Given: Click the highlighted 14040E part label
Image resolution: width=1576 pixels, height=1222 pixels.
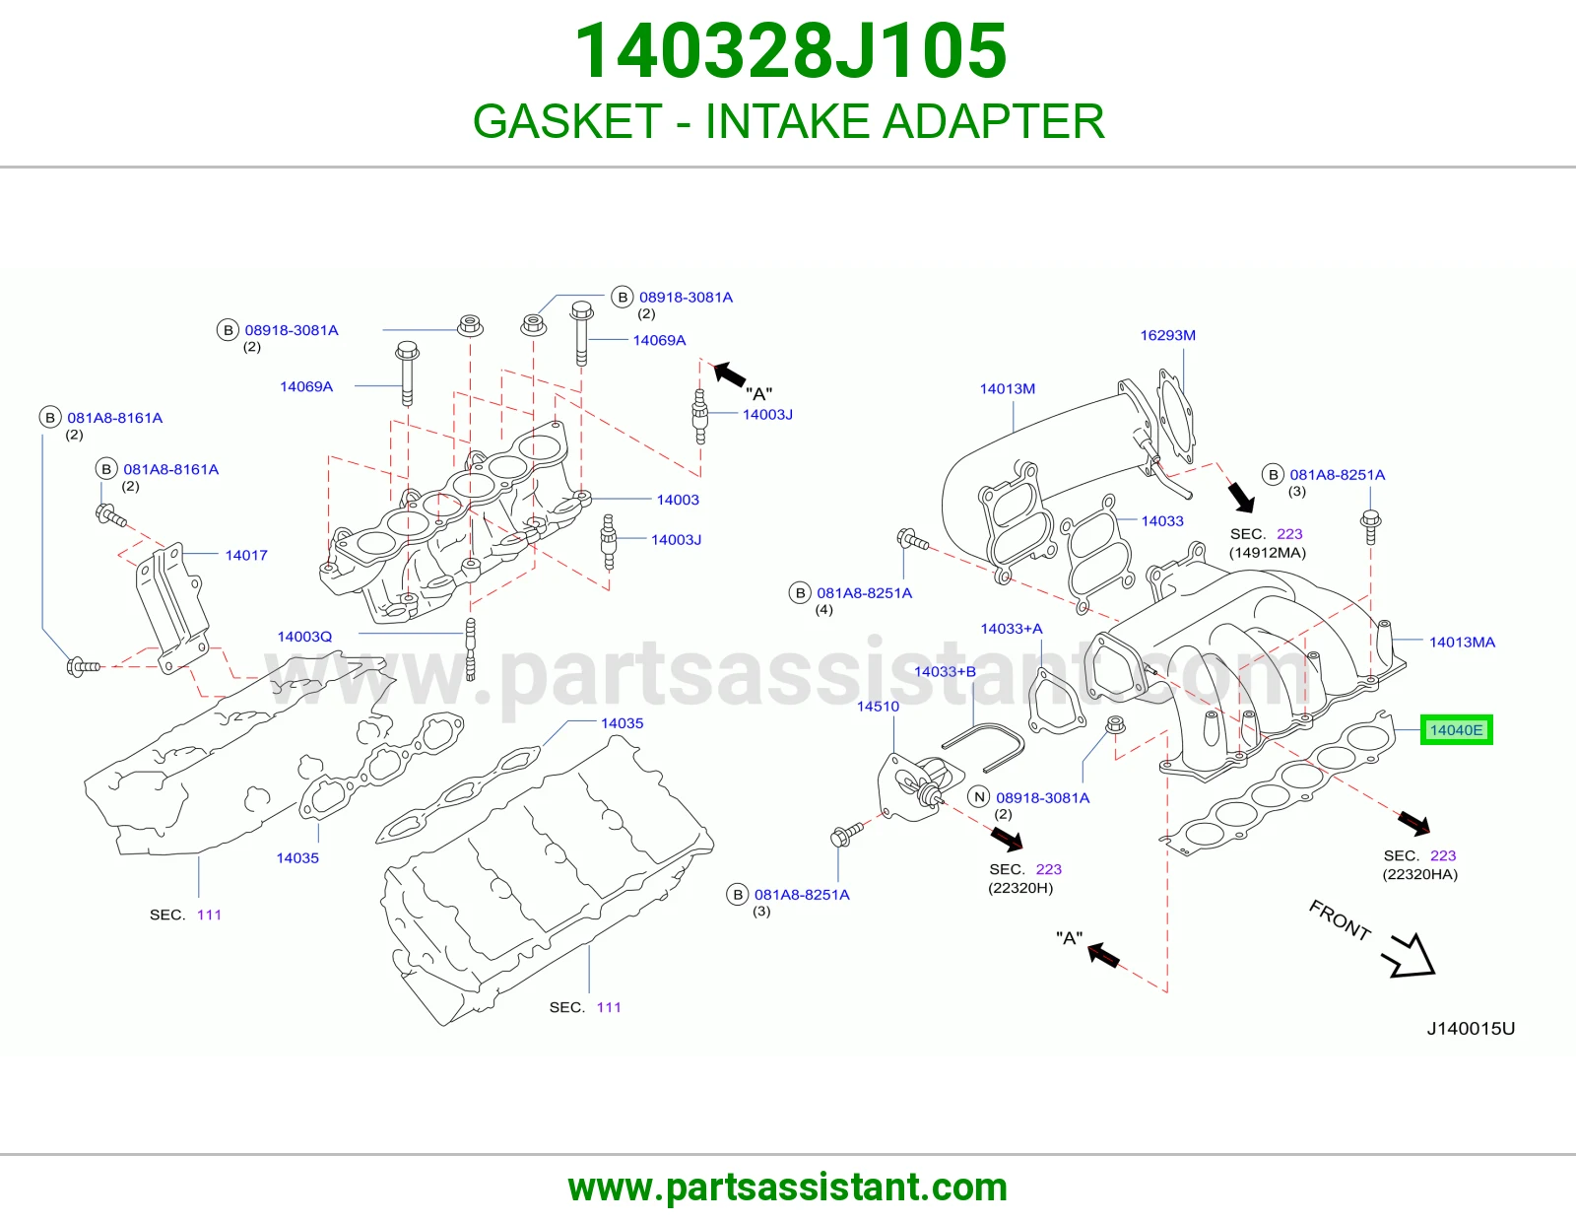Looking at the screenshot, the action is pyautogui.click(x=1457, y=730).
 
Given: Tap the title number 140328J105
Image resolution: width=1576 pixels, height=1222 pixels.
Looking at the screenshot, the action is pyautogui.click(x=790, y=51).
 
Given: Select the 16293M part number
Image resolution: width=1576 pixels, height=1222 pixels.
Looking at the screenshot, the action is pyautogui.click(x=1167, y=335).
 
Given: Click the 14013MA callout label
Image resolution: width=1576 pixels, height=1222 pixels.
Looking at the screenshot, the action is pyautogui.click(x=1462, y=643).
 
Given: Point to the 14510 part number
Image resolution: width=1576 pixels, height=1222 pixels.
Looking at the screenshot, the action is pyautogui.click(x=878, y=706).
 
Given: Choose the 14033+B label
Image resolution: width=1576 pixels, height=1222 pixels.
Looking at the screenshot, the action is pyautogui.click(x=945, y=671).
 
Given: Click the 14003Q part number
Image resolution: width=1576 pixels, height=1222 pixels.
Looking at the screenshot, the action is pyautogui.click(x=304, y=637).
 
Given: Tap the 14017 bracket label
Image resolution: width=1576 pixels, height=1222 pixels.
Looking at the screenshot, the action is pyautogui.click(x=246, y=555).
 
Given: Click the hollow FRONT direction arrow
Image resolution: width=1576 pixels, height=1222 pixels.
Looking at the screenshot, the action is pyautogui.click(x=1411, y=956).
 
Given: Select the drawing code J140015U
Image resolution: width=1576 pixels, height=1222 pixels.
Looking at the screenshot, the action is pyautogui.click(x=1471, y=1028).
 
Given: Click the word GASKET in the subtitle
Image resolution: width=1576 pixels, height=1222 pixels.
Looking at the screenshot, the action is pyautogui.click(x=567, y=121).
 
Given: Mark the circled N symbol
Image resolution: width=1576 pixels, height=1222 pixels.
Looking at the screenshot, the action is pyautogui.click(x=979, y=797).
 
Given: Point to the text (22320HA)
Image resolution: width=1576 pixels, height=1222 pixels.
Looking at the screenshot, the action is pyautogui.click(x=1419, y=874).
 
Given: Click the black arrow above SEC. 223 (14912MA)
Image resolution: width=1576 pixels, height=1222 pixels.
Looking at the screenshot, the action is pyautogui.click(x=1241, y=497).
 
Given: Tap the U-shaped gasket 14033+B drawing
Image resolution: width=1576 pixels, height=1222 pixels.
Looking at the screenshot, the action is pyautogui.click(x=983, y=747).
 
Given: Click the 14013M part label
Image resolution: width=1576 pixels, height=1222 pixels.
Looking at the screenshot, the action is pyautogui.click(x=1007, y=389).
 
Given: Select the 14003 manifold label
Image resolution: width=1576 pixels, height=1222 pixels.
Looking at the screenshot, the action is pyautogui.click(x=678, y=500).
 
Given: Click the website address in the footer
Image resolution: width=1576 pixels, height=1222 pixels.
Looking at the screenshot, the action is pyautogui.click(x=788, y=1188).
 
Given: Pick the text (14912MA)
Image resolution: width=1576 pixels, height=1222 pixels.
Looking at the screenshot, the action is pyautogui.click(x=1267, y=552).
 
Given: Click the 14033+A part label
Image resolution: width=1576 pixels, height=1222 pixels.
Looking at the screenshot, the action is pyautogui.click(x=1011, y=629).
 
